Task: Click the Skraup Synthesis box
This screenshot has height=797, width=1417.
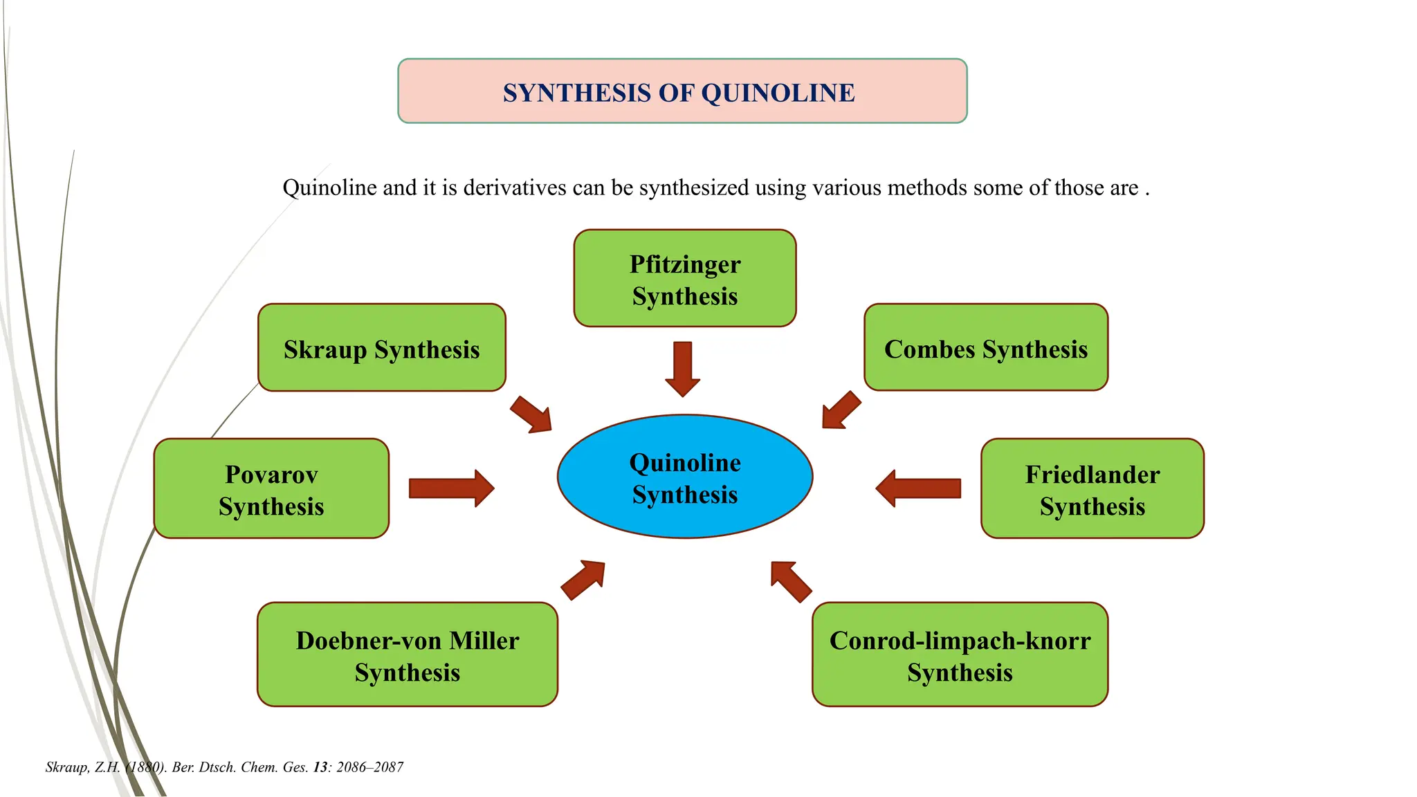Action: [x=381, y=348]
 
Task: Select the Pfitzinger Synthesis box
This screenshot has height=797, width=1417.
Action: [x=684, y=278]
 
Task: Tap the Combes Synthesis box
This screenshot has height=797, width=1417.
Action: [x=985, y=347]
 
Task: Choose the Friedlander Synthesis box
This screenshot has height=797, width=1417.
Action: [x=1092, y=488]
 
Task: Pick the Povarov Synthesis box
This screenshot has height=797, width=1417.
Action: [x=271, y=488]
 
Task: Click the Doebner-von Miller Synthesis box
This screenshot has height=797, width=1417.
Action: [x=407, y=654]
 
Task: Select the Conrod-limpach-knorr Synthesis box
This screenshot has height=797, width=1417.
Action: [x=960, y=654]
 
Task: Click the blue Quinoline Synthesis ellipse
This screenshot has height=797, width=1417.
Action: [x=684, y=477]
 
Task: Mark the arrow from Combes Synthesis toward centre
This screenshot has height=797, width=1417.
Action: [x=841, y=410]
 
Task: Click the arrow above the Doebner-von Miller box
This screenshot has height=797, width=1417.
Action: [x=583, y=579]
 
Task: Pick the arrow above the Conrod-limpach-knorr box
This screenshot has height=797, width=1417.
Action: [x=791, y=581]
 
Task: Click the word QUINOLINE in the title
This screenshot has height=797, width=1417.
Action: [x=778, y=93]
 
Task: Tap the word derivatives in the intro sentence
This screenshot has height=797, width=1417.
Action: [x=514, y=187]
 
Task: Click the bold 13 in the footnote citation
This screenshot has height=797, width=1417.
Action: [x=320, y=767]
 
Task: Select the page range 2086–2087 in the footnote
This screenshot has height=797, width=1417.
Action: [x=369, y=767]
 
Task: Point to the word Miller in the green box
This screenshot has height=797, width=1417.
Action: [x=484, y=641]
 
